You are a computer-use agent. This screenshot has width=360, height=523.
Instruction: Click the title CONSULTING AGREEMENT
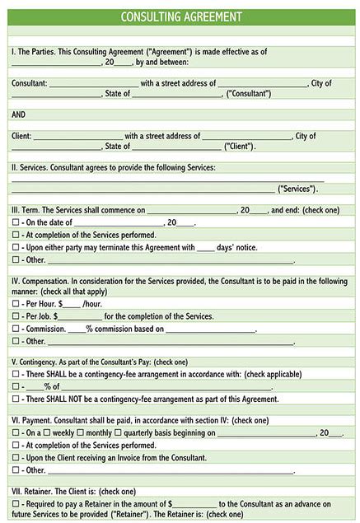click(x=180, y=16)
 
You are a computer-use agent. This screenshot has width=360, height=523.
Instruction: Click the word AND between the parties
click(x=20, y=114)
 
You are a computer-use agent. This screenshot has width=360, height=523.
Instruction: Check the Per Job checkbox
click(x=16, y=316)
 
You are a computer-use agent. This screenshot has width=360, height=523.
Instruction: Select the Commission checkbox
click(x=16, y=329)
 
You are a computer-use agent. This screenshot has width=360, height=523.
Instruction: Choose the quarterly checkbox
click(x=119, y=433)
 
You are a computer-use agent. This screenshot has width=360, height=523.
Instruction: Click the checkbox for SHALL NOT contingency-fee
click(x=16, y=399)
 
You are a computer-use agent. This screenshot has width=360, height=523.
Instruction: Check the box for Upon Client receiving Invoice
click(x=16, y=457)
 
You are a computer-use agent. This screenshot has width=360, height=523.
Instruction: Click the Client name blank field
click(x=77, y=137)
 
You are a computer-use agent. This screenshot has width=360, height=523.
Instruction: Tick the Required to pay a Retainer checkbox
click(x=16, y=503)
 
